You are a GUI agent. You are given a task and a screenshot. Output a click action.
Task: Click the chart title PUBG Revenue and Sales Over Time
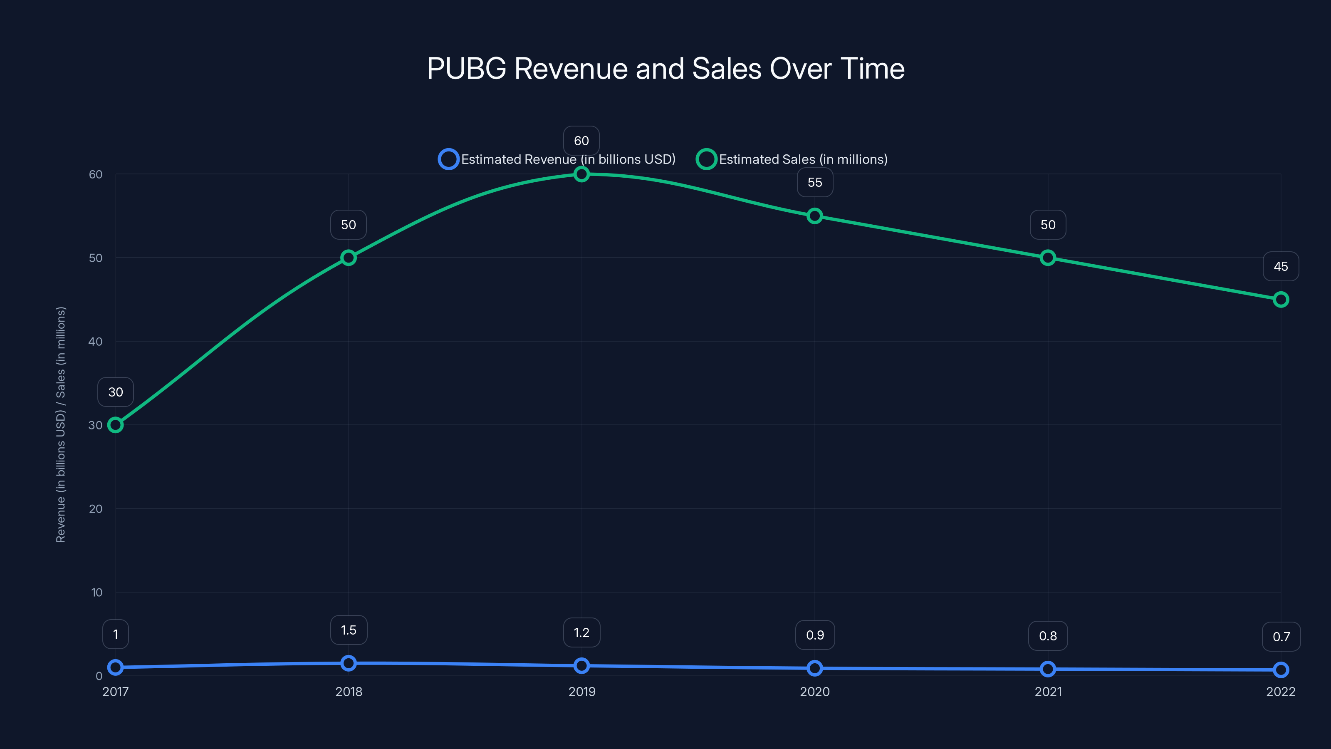(665, 68)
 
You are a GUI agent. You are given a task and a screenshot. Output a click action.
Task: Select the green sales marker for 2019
(581, 174)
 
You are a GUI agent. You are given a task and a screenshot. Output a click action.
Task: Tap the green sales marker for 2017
(115, 425)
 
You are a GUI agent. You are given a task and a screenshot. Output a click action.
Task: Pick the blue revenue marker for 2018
(348, 663)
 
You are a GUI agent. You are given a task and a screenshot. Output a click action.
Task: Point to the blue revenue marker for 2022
(1280, 670)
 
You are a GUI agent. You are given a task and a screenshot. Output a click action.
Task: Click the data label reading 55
(814, 183)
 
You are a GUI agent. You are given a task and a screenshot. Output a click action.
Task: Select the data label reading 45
(1280, 266)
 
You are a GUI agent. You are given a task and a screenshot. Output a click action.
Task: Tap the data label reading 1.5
(348, 630)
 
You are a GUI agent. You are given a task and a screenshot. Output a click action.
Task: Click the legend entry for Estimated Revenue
(557, 159)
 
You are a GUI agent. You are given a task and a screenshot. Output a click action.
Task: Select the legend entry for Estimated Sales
(792, 159)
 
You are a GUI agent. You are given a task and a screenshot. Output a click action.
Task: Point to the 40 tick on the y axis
(96, 341)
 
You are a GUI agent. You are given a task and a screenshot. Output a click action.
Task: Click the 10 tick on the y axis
(96, 593)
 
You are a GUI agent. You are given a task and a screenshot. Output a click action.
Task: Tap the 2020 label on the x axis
(814, 692)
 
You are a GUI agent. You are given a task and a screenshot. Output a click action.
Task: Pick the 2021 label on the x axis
(1048, 692)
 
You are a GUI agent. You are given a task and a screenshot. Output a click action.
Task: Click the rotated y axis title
(60, 424)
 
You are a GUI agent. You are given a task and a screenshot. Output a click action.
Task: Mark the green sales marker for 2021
(1047, 258)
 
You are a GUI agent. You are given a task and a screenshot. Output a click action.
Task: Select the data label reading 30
(115, 392)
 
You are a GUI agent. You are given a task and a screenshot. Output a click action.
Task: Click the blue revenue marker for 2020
(814, 668)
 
